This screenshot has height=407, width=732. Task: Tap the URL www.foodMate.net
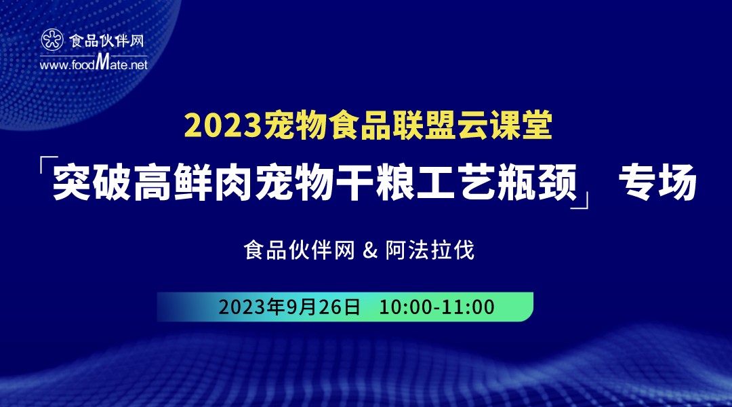[94, 64]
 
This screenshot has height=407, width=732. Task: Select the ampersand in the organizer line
[369, 251]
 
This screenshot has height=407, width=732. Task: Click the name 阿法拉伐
[430, 251]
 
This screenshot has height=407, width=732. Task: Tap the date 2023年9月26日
[289, 307]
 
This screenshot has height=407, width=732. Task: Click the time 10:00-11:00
[436, 307]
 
